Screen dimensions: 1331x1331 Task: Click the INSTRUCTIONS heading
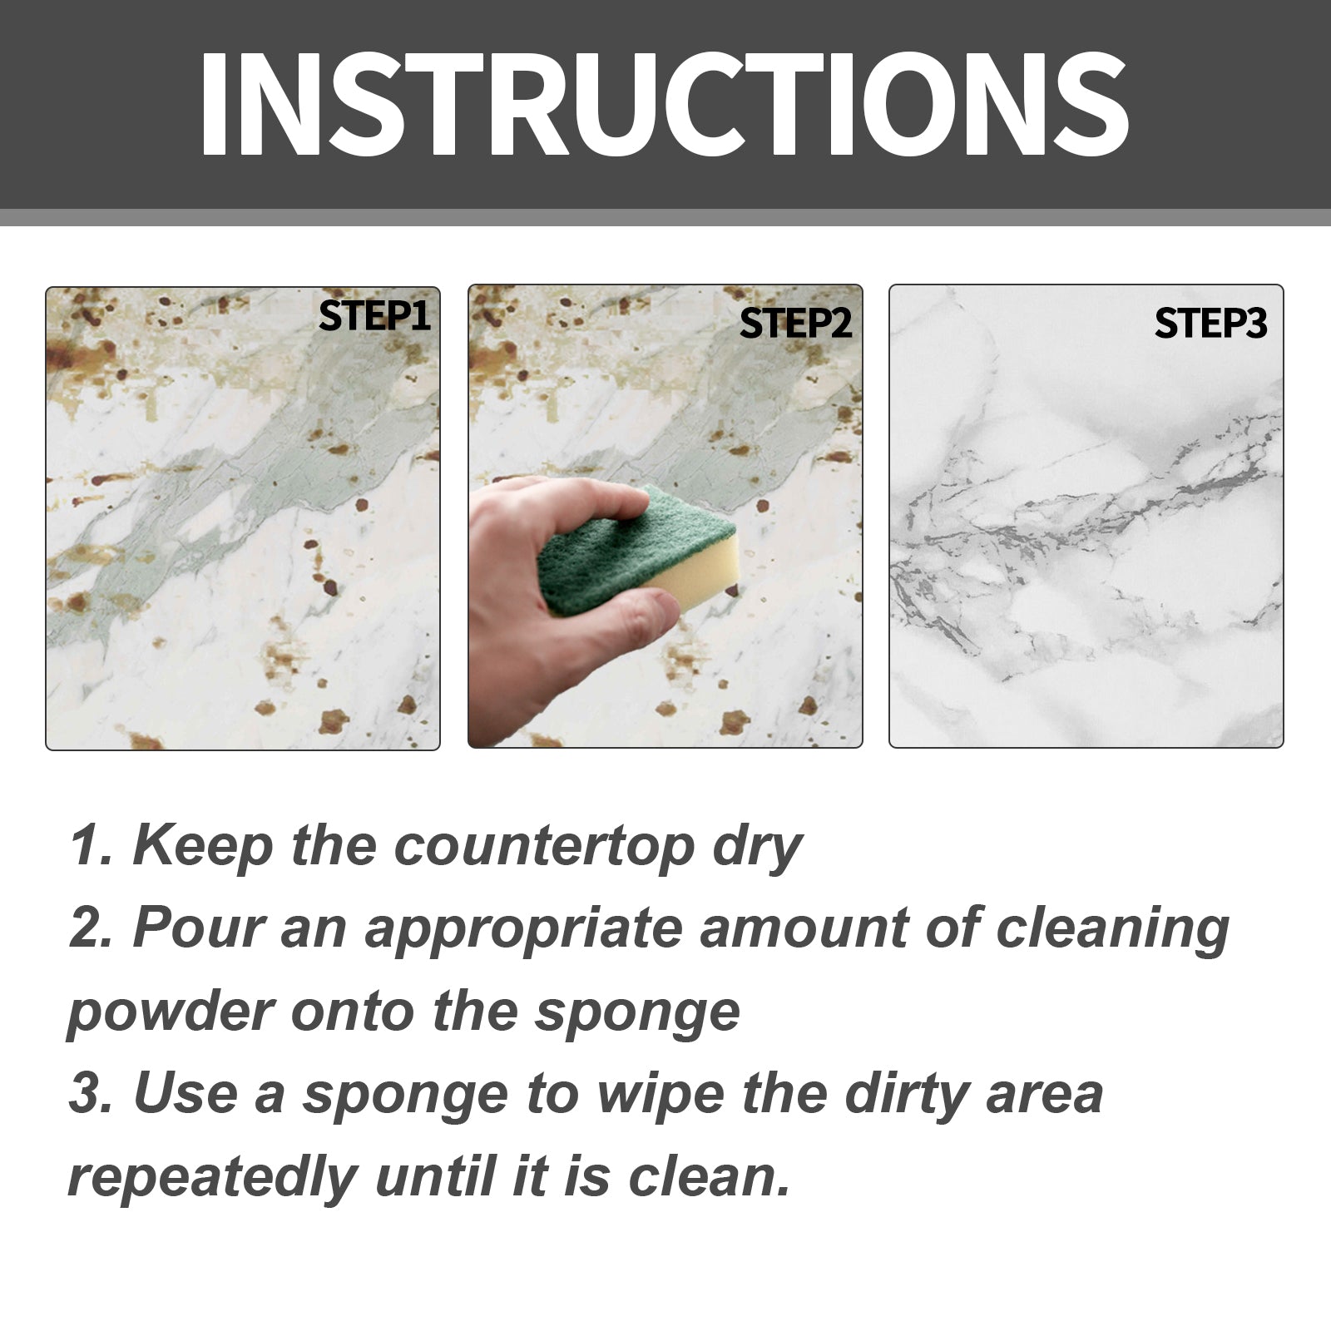click(663, 104)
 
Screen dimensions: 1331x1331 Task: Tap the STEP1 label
click(374, 316)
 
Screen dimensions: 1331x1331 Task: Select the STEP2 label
click(795, 324)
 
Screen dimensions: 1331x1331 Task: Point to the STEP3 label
click(1210, 324)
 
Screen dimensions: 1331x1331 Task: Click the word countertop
click(544, 846)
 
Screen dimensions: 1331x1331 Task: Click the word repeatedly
click(212, 1179)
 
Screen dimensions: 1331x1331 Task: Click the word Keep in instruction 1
click(203, 846)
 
